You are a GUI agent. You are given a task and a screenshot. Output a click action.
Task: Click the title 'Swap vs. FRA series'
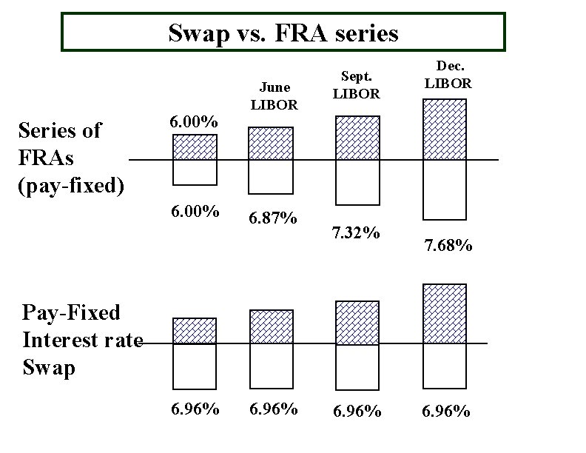coord(283,33)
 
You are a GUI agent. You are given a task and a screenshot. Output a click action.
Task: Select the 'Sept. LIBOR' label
coord(356,85)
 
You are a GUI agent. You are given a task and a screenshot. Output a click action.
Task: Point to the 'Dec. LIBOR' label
coord(448,75)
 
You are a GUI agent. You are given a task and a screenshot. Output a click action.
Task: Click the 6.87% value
coord(274,218)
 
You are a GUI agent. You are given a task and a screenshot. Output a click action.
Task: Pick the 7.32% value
coord(356,234)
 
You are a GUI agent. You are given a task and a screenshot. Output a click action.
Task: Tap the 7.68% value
coord(448,245)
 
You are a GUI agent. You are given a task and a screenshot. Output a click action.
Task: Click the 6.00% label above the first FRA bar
coord(194,122)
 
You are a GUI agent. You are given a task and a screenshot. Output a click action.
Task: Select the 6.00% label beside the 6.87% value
coord(194,212)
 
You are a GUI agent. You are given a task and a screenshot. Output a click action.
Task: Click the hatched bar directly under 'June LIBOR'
coord(270,144)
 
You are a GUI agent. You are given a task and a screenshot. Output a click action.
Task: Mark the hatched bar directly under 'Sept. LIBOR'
coord(357,138)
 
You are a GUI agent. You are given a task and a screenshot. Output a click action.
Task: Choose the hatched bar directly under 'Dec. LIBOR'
coord(445,130)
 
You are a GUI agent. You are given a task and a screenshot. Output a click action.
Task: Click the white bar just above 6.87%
coord(270,176)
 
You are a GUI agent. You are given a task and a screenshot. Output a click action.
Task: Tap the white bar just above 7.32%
coord(357,182)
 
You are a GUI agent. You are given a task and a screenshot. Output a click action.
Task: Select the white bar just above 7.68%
coord(445,189)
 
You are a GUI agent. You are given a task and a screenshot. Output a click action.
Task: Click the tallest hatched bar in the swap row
coord(445,314)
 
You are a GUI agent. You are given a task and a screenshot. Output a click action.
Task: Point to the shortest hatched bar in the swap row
coord(194,331)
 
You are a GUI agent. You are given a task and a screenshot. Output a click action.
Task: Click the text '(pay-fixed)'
coord(70,184)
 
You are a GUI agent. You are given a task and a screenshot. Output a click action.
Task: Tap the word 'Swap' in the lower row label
coord(49,368)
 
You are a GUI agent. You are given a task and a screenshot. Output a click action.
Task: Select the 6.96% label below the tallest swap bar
coord(445,411)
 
